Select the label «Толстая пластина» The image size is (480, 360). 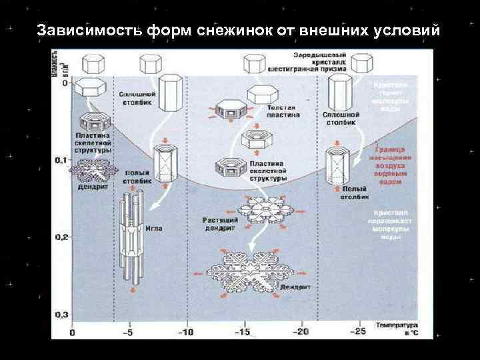click(284, 111)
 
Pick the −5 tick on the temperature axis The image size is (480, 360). click(130, 332)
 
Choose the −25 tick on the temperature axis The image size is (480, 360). click(360, 332)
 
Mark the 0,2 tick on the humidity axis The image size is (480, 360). click(61, 236)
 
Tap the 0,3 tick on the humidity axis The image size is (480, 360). click(61, 313)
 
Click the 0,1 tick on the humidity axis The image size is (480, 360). click(61, 160)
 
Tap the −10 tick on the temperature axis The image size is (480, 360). click(187, 332)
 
